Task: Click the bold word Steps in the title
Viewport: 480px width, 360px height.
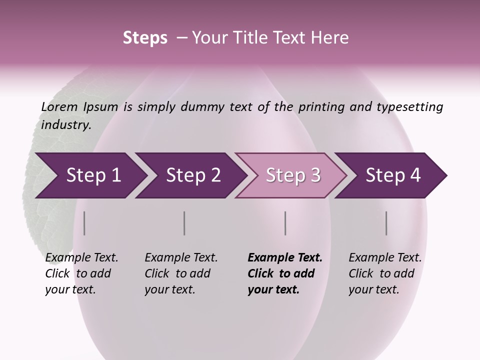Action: (x=145, y=38)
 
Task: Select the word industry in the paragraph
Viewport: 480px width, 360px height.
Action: (x=65, y=124)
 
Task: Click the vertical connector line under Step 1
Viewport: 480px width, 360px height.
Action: (x=84, y=223)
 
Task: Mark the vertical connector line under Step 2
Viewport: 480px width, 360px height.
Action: (x=184, y=223)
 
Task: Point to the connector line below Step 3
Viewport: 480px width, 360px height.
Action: (x=285, y=223)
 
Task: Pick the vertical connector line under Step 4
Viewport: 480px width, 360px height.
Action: (x=386, y=223)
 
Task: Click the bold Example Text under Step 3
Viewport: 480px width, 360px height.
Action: (x=285, y=258)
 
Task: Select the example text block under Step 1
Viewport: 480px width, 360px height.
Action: (x=81, y=273)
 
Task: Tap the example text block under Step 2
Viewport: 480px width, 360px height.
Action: (x=180, y=273)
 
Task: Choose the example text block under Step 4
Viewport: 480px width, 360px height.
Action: (x=384, y=273)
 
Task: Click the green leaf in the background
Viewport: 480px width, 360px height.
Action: (x=45, y=150)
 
